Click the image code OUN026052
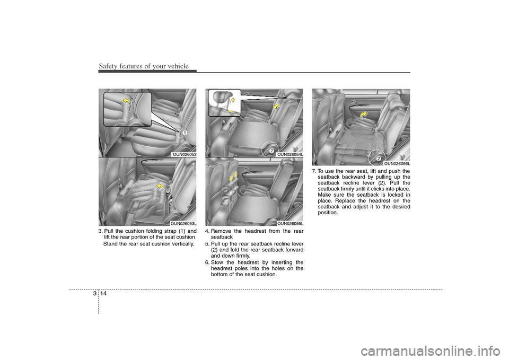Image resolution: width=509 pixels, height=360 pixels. (x=184, y=154)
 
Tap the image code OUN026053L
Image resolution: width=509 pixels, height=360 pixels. (x=183, y=223)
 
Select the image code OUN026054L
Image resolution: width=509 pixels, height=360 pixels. (x=290, y=154)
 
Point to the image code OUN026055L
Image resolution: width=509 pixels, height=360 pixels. (x=290, y=223)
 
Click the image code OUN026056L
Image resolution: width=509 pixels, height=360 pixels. (x=397, y=163)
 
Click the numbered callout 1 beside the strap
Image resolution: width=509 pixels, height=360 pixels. (x=183, y=133)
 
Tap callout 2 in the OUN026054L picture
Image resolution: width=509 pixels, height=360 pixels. (x=271, y=151)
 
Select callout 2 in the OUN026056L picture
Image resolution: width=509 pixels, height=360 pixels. (x=378, y=158)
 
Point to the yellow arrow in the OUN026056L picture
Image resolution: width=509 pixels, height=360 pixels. (x=364, y=115)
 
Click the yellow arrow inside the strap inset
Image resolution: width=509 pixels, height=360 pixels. (x=127, y=102)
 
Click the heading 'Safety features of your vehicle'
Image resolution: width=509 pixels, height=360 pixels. (x=144, y=66)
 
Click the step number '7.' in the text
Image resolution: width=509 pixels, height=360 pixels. (x=314, y=171)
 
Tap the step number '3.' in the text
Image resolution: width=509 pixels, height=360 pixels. (x=101, y=231)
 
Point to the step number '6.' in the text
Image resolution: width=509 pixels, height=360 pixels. (x=207, y=262)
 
